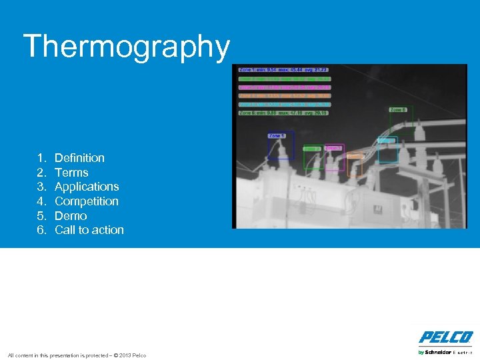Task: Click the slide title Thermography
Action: (x=126, y=47)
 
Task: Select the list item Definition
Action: (x=79, y=158)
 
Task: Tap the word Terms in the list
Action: (x=71, y=173)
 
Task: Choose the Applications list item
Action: (x=87, y=187)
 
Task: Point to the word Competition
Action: (x=87, y=201)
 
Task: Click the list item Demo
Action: (x=71, y=216)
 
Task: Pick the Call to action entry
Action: (x=89, y=230)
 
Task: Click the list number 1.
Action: (x=41, y=158)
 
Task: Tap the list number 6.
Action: (x=41, y=230)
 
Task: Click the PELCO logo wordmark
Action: (x=446, y=337)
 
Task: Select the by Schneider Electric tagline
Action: (x=445, y=351)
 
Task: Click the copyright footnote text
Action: (x=76, y=355)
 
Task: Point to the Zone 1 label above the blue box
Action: (x=277, y=135)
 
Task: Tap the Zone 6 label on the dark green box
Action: (x=397, y=109)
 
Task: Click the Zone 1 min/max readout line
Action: (x=284, y=69)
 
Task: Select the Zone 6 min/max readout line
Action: (x=284, y=113)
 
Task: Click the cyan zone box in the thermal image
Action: (x=387, y=151)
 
